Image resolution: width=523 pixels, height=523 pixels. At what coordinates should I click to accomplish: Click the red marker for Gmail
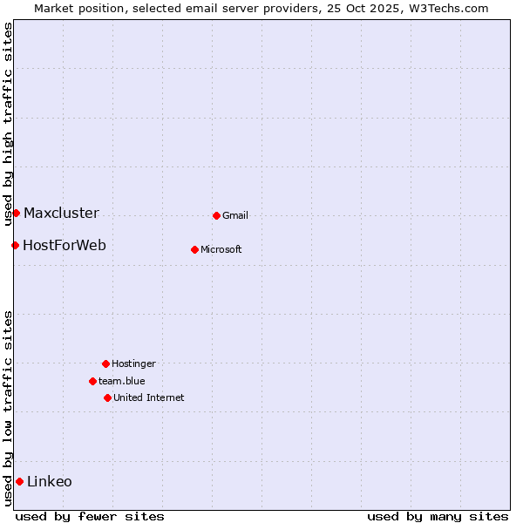click(216, 215)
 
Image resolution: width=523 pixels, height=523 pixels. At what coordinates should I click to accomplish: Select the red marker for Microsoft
click(194, 249)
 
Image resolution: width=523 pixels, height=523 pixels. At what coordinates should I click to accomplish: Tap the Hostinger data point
click(105, 363)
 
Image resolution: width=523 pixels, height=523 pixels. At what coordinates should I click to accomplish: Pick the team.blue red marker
click(92, 381)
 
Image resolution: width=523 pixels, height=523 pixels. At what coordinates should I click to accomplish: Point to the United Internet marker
click(107, 397)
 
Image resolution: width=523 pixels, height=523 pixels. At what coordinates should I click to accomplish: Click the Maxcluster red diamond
click(16, 213)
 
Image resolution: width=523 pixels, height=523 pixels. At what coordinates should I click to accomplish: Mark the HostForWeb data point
click(15, 245)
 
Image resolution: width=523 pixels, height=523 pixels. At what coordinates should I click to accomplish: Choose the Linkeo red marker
click(19, 481)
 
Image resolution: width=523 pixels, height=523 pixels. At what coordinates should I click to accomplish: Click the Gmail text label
click(235, 216)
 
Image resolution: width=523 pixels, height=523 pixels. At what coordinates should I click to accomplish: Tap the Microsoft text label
click(221, 250)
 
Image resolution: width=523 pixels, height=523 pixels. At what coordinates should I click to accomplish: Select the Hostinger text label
click(133, 364)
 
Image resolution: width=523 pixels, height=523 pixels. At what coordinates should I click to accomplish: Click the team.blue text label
click(122, 382)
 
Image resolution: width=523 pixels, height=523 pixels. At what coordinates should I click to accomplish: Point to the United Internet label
click(149, 398)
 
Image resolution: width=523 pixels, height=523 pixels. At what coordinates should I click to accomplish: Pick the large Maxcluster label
click(61, 214)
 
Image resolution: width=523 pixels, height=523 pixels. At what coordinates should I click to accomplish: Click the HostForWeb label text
click(65, 246)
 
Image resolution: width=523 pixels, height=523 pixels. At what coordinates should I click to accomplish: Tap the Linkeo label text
click(50, 482)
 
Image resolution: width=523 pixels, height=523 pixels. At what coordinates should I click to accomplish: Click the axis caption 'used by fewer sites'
click(90, 517)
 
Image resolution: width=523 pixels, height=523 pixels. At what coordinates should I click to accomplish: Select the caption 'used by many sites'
click(438, 517)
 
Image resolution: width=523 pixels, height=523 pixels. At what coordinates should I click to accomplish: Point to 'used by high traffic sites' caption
click(8, 125)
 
